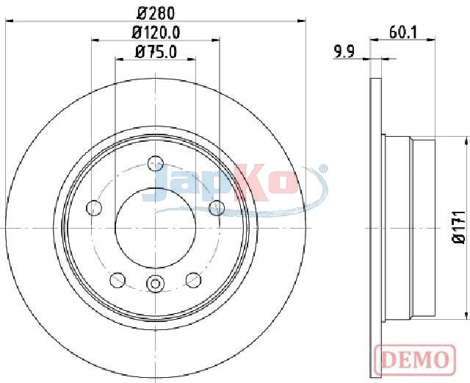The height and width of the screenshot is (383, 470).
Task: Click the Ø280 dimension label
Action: coord(156,13)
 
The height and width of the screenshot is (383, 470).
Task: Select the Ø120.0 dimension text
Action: coord(156,32)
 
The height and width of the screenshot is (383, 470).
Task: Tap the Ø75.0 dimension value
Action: coord(156,51)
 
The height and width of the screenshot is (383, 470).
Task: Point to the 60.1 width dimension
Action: coord(403,32)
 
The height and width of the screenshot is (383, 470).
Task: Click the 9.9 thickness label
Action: coord(344,51)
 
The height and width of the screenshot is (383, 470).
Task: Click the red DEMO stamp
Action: coord(415,359)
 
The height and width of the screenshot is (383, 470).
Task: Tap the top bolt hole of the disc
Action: coord(156,164)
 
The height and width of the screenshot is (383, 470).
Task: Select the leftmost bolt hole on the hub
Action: coord(94,208)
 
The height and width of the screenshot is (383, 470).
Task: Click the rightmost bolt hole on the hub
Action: coord(217,208)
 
